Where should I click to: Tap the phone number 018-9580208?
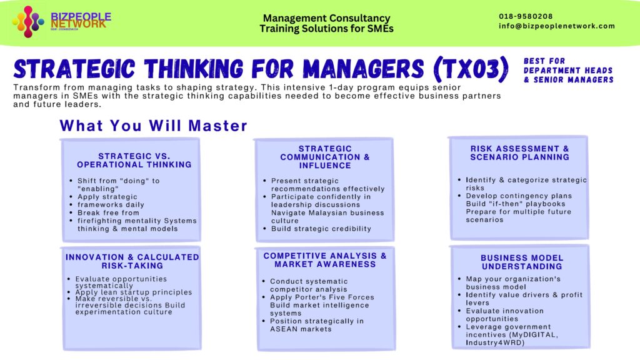pyautogui.click(x=526, y=16)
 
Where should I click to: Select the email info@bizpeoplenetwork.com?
pyautogui.click(x=557, y=26)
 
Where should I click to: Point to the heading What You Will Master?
pyautogui.click(x=154, y=126)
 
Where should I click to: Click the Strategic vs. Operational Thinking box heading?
pyautogui.click(x=134, y=161)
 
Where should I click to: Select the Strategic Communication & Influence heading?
pyautogui.click(x=324, y=157)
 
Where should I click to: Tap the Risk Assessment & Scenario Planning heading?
pyautogui.click(x=519, y=153)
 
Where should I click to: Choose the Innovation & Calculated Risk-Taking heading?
pyautogui.click(x=132, y=261)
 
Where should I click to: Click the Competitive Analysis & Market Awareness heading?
pyautogui.click(x=325, y=260)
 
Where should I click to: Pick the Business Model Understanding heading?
pyautogui.click(x=522, y=262)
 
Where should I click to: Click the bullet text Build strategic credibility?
pyautogui.click(x=321, y=229)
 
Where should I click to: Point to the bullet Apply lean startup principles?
pyautogui.click(x=133, y=292)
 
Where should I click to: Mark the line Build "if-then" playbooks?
pyautogui.click(x=515, y=204)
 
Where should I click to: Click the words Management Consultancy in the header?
pyautogui.click(x=326, y=19)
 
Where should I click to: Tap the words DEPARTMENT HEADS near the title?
pyautogui.click(x=568, y=71)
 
